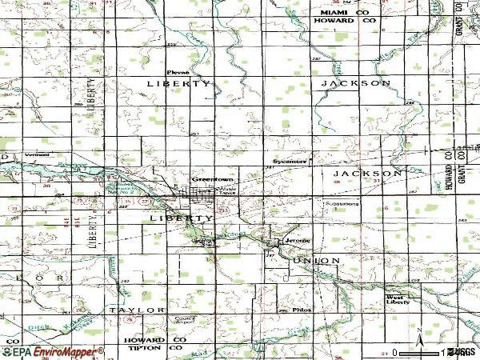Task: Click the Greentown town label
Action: tap(205, 179)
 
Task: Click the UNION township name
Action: tap(316, 261)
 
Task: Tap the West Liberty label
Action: tap(398, 298)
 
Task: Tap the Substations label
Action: tap(342, 203)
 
